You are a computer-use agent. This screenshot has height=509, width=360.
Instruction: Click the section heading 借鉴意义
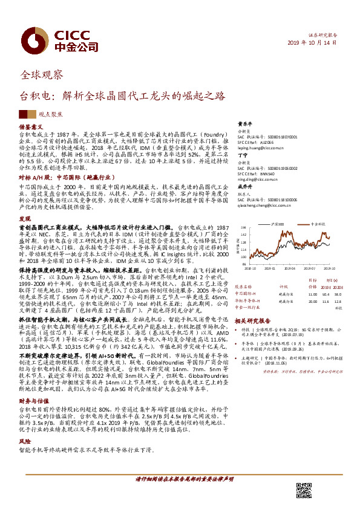(x=29, y=128)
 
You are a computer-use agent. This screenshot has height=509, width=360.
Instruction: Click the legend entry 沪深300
(x=280, y=224)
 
